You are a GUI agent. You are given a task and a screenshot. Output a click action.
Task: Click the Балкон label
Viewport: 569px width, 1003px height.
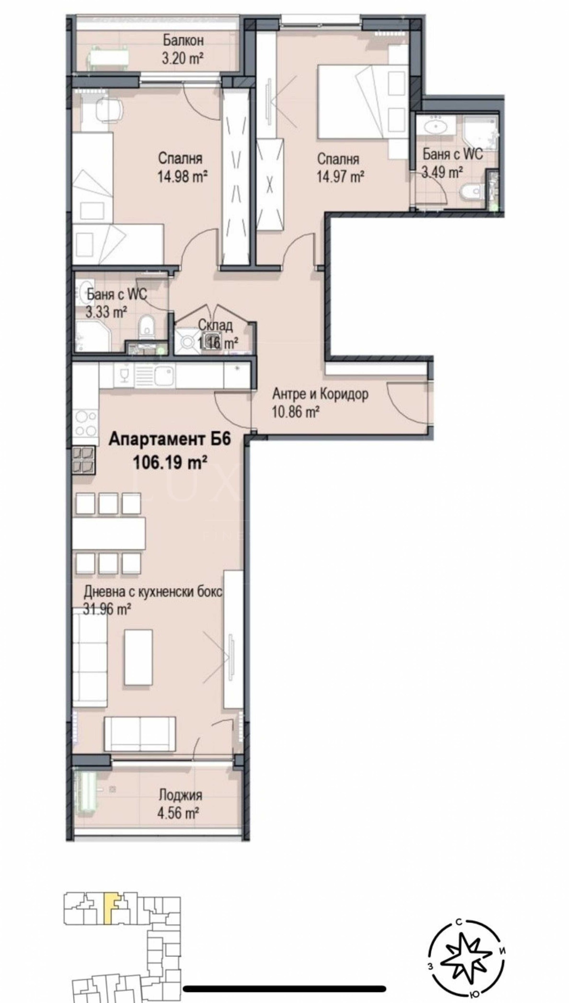coord(183,40)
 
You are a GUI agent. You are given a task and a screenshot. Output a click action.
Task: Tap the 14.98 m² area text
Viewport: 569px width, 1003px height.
coord(182,177)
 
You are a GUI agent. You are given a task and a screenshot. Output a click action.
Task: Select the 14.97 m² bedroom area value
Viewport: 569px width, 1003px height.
coord(340,177)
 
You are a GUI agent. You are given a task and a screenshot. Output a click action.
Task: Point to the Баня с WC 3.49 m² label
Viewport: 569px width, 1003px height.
coord(452,162)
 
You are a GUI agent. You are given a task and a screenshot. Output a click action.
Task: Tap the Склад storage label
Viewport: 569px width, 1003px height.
coord(215,325)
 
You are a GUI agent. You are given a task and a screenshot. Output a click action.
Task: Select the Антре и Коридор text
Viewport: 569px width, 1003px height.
coord(320,394)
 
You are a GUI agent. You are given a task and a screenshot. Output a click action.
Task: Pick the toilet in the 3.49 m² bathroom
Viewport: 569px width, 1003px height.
coord(470,192)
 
